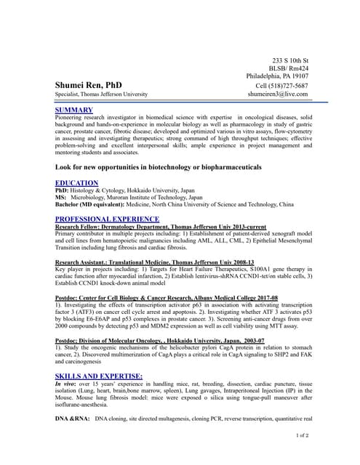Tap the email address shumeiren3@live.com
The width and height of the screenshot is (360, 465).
[277, 94]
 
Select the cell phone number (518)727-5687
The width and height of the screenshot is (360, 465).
[282, 85]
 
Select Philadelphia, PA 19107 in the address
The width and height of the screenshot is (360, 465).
[277, 76]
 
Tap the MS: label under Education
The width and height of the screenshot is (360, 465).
[61, 198]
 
